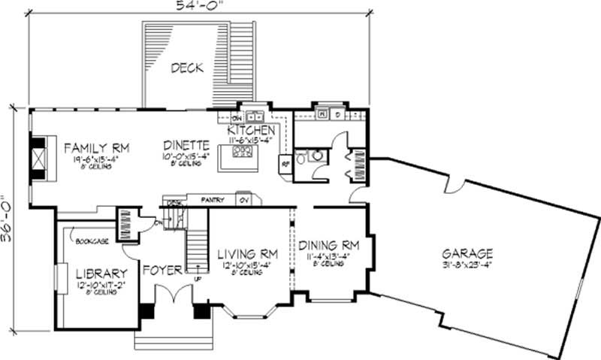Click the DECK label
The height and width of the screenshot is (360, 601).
[x=187, y=68]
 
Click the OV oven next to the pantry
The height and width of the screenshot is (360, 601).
[x=243, y=200]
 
